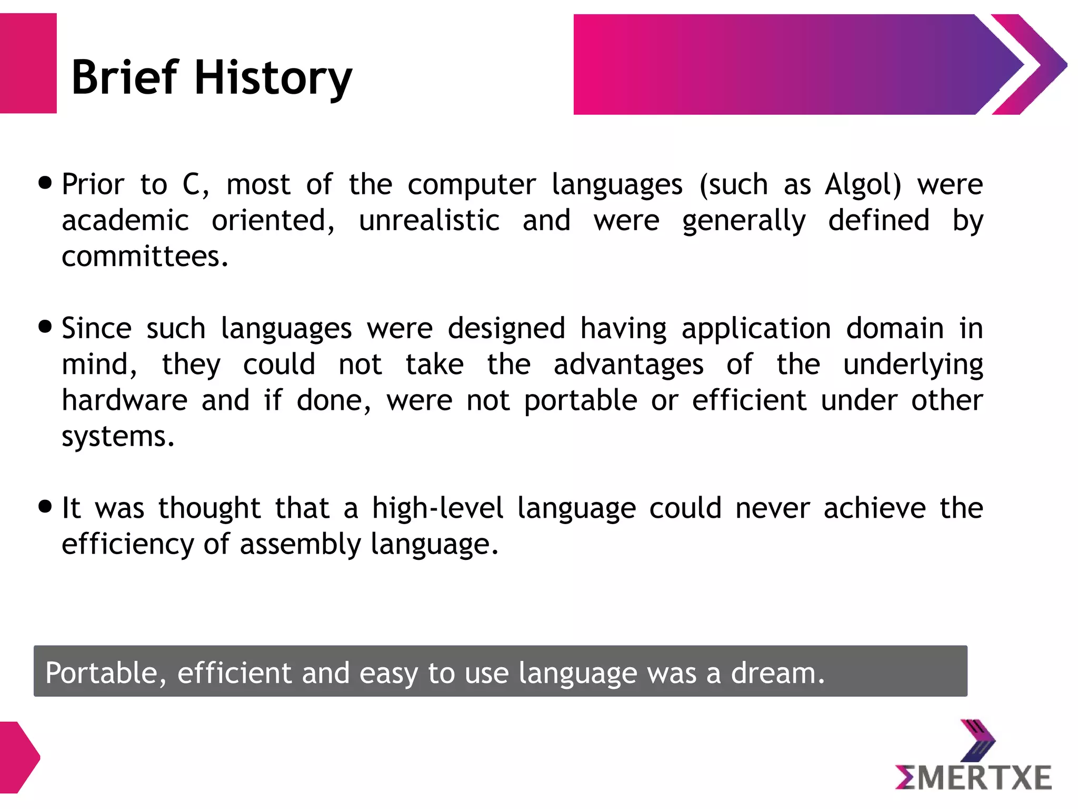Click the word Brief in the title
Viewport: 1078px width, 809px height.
[x=125, y=78]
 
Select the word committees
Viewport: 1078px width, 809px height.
[x=145, y=257]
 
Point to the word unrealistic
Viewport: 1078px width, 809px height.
[x=429, y=221]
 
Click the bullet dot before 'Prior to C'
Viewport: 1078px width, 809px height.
[x=46, y=183]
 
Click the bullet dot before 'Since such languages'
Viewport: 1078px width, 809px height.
[x=46, y=327]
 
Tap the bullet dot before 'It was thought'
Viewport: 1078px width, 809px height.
[x=46, y=507]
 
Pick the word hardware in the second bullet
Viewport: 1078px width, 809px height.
[x=125, y=400]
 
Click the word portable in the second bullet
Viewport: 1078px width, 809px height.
[x=581, y=401]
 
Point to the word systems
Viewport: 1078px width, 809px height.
[x=117, y=437]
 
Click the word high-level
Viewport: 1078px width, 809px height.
[x=437, y=509]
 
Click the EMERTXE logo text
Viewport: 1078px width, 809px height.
[x=973, y=778]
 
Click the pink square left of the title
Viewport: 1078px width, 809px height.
[x=28, y=63]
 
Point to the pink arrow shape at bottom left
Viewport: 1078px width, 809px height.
[x=18, y=757]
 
